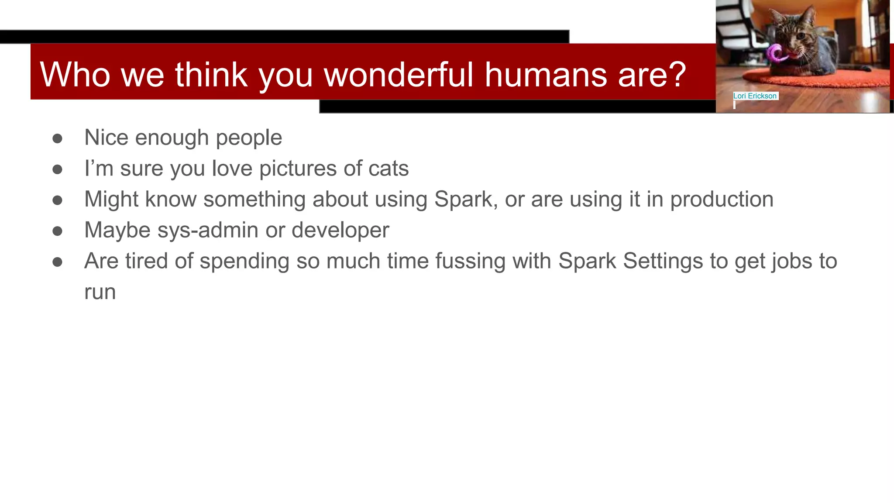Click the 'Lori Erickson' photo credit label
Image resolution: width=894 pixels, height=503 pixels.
[755, 96]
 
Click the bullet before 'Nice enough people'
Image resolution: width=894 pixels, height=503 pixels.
[57, 138]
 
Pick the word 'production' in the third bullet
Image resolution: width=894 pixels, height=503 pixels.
[722, 200]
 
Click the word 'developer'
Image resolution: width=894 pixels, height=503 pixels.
[340, 231]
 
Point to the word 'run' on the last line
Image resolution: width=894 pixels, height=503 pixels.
[100, 292]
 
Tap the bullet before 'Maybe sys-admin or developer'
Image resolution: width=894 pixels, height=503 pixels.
[57, 231]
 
